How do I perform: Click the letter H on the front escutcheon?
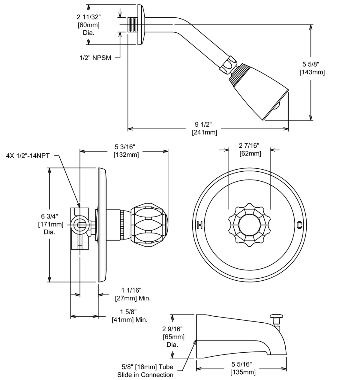coord(199,225)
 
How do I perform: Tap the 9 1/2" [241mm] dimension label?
coord(204,128)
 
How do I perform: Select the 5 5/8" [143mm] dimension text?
coord(312,68)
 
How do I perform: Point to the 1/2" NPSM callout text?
coord(95,58)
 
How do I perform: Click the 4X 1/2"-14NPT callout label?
coord(28,155)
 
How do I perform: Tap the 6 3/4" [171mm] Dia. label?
coord(50,224)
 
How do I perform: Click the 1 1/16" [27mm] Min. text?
coord(133,294)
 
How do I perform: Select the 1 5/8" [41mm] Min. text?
coord(130,316)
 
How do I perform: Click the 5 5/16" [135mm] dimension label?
coord(243,368)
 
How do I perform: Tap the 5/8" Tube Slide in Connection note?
coord(145,371)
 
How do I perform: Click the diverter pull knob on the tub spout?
coord(276,316)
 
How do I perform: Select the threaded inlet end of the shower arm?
coord(133,25)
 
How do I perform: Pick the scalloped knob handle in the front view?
coord(250,225)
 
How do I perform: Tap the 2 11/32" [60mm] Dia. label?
coord(88,25)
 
